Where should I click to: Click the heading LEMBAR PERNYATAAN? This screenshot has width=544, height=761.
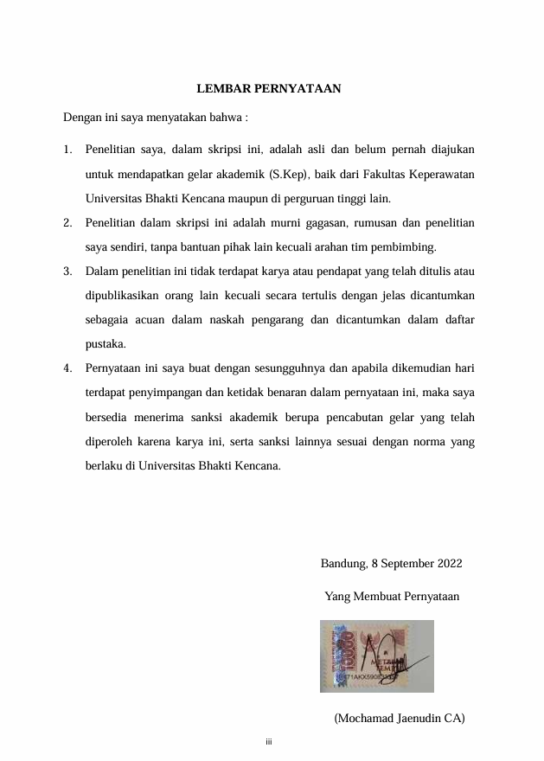(268, 88)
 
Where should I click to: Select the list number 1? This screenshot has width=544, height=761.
(67, 150)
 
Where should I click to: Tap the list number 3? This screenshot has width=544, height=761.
(67, 272)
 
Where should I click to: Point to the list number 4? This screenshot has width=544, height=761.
(67, 368)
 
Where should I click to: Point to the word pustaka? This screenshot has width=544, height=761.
(106, 344)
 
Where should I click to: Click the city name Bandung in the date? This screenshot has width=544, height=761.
(342, 564)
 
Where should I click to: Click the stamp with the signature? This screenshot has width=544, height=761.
(375, 655)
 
